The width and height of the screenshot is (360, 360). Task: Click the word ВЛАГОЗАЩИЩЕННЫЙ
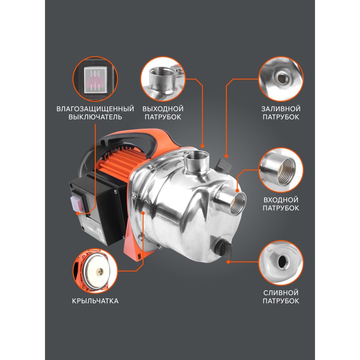coord(95,109)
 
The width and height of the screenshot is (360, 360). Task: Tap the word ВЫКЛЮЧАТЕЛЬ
coord(95,117)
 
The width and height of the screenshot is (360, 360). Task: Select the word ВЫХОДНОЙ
coord(163,109)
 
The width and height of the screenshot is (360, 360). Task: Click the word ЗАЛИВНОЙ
coord(281,109)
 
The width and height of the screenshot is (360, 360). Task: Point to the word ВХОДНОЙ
coord(281,200)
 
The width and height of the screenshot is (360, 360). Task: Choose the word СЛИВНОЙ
coord(281,293)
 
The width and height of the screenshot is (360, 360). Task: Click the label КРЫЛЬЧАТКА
coord(95,301)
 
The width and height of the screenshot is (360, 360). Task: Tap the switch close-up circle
coord(95,79)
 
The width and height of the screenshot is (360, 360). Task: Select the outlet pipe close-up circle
coord(163,79)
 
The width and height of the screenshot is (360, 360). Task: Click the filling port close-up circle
coord(281,79)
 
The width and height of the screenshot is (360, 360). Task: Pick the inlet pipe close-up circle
coord(281,170)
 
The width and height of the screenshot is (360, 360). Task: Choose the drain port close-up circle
coord(281,263)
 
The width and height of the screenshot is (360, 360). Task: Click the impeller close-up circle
coord(95,271)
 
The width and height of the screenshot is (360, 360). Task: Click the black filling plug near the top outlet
coord(223,165)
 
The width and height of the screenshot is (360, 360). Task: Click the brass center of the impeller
coord(100,272)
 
